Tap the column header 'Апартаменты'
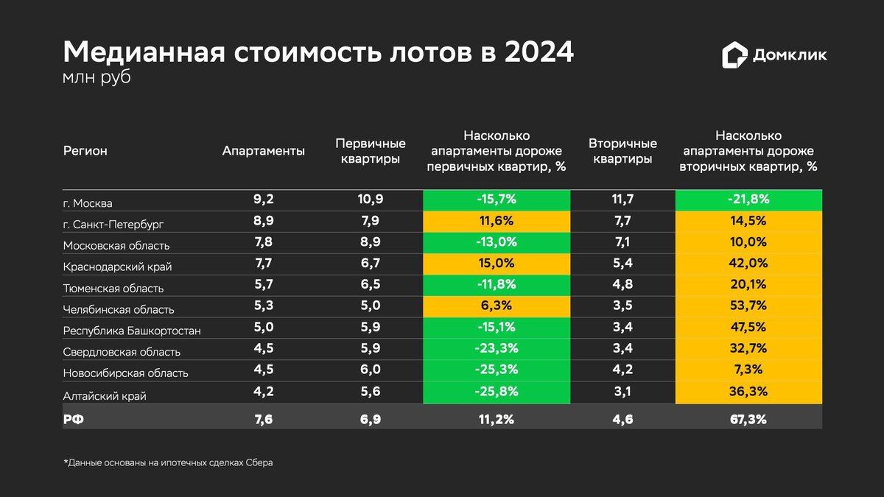click(x=264, y=151)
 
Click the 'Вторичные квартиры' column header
click(x=623, y=151)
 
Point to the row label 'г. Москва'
click(x=88, y=202)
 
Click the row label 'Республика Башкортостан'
click(x=132, y=330)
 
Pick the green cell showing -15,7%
click(x=497, y=199)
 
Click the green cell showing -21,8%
click(x=748, y=199)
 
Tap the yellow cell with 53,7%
click(x=748, y=306)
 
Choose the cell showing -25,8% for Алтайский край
click(x=497, y=391)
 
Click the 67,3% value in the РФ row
click(x=748, y=419)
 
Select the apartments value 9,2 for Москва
click(x=264, y=199)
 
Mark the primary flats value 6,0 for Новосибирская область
click(x=370, y=370)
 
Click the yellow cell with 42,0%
click(x=748, y=263)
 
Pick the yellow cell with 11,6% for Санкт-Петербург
click(x=497, y=220)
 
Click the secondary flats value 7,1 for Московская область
click(x=623, y=242)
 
